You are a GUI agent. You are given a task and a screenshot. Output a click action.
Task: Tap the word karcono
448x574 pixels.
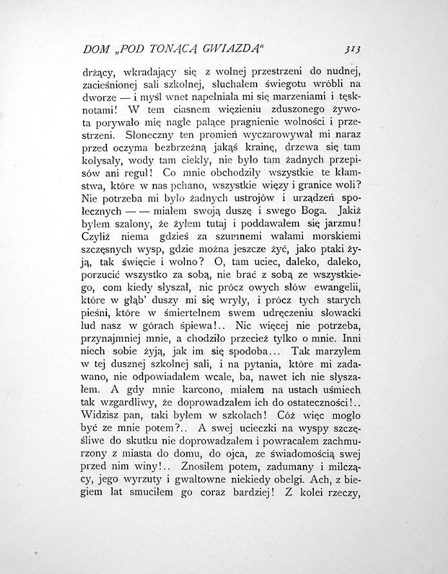click(190, 390)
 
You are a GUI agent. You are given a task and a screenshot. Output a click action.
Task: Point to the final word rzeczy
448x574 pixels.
click(344, 497)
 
